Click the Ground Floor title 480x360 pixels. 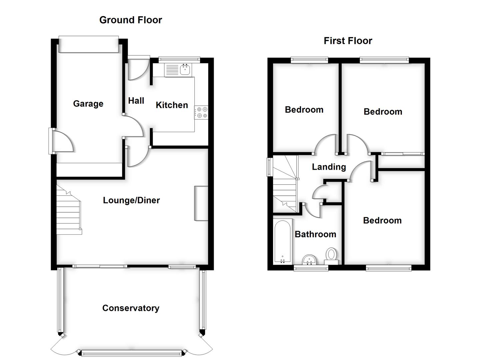pyautogui.click(x=131, y=20)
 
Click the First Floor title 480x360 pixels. pyautogui.click(x=348, y=41)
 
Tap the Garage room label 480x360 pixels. pyautogui.click(x=88, y=104)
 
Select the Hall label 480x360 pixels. pyautogui.click(x=136, y=101)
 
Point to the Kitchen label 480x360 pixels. pyautogui.click(x=172, y=105)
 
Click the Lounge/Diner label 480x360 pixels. pyautogui.click(x=131, y=200)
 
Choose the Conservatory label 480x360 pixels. pyautogui.click(x=131, y=308)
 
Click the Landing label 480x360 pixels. pyautogui.click(x=329, y=167)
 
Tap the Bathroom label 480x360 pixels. pyautogui.click(x=315, y=234)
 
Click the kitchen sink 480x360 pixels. pyautogui.click(x=185, y=70)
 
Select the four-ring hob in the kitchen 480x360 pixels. pyautogui.click(x=201, y=112)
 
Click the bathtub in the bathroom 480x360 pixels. pyautogui.click(x=283, y=241)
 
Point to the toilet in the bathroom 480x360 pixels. pyautogui.click(x=331, y=256)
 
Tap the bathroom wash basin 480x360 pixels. pyautogui.click(x=310, y=259)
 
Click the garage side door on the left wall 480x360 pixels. pyautogui.click(x=62, y=141)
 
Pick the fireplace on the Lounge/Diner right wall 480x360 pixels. pyautogui.click(x=201, y=203)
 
